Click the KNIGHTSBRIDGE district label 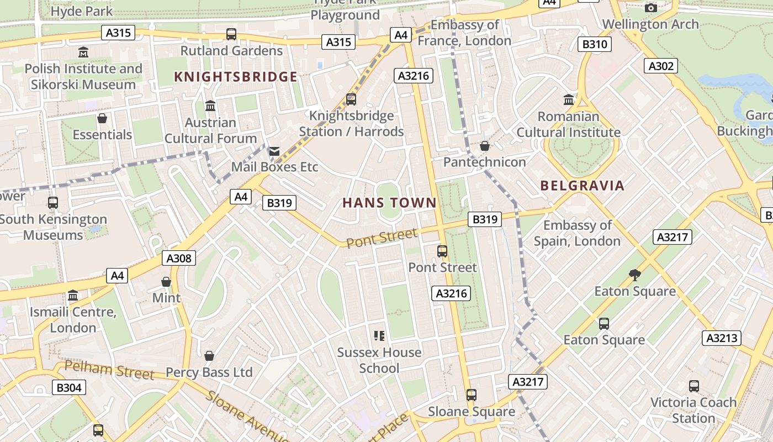[236, 77]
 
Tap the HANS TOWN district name [389, 203]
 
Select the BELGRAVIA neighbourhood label [583, 186]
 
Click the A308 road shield [179, 258]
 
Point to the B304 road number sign [69, 388]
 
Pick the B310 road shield [594, 44]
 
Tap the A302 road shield [661, 66]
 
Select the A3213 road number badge [722, 338]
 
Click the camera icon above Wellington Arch [651, 8]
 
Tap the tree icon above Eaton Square [635, 275]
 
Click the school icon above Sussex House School [379, 335]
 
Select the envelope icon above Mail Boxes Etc [274, 151]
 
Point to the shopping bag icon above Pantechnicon [484, 146]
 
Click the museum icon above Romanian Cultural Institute [568, 100]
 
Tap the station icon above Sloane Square [471, 395]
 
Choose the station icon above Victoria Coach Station [693, 386]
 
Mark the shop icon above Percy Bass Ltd [209, 356]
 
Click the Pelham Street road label [109, 370]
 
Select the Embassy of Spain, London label [577, 233]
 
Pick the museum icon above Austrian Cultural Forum [210, 106]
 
